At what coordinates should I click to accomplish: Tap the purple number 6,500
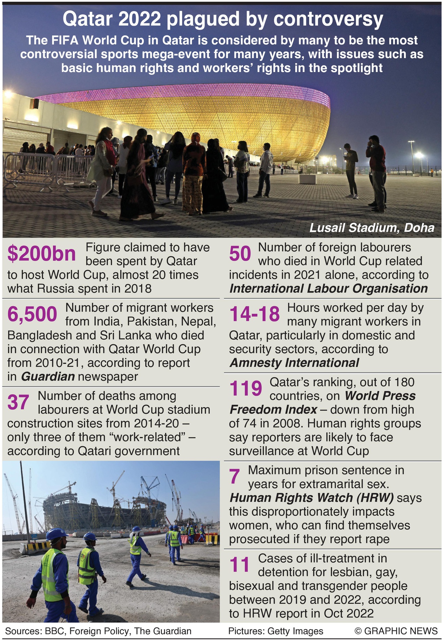pyautogui.click(x=32, y=314)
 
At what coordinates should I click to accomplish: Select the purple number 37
pyautogui.click(x=18, y=402)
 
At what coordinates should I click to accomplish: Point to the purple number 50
pyautogui.click(x=240, y=254)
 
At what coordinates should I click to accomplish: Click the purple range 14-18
pyautogui.click(x=254, y=314)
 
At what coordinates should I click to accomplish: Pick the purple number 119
pyautogui.click(x=246, y=388)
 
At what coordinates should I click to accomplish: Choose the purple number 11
pyautogui.click(x=239, y=564)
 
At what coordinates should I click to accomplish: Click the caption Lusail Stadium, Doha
pyautogui.click(x=372, y=228)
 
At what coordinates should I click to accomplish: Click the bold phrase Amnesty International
pyautogui.click(x=294, y=363)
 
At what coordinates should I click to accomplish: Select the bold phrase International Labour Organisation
pyautogui.click(x=328, y=288)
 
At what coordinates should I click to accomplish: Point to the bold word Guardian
pyautogui.click(x=48, y=376)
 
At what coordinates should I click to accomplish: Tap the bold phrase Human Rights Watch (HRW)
pyautogui.click(x=312, y=498)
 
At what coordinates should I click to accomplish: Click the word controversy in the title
pyautogui.click(x=328, y=20)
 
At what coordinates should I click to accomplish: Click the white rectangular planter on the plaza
pyautogui.click(x=307, y=179)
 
